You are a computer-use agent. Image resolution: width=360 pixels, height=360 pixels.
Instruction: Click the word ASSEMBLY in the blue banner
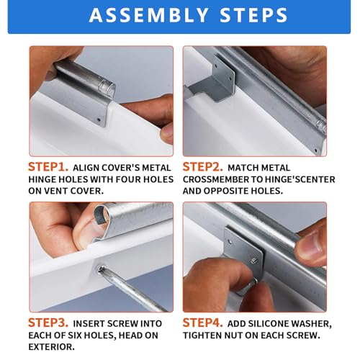coord(148,15)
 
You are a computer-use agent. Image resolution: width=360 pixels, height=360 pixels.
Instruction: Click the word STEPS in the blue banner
coord(253,15)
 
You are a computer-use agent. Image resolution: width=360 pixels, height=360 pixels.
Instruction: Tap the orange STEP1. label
coord(48,167)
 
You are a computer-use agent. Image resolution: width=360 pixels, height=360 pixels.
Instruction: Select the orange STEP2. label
coord(203,167)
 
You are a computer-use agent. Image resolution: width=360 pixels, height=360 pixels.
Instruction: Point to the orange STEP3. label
coord(48,323)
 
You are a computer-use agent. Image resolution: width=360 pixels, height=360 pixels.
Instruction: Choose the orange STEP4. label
coord(203,323)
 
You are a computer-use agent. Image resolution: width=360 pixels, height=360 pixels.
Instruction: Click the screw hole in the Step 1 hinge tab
coord(99,120)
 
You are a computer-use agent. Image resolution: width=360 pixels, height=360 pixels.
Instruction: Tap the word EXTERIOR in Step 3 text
coord(50,347)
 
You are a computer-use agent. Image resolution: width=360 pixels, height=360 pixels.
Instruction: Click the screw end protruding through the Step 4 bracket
coord(255,260)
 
